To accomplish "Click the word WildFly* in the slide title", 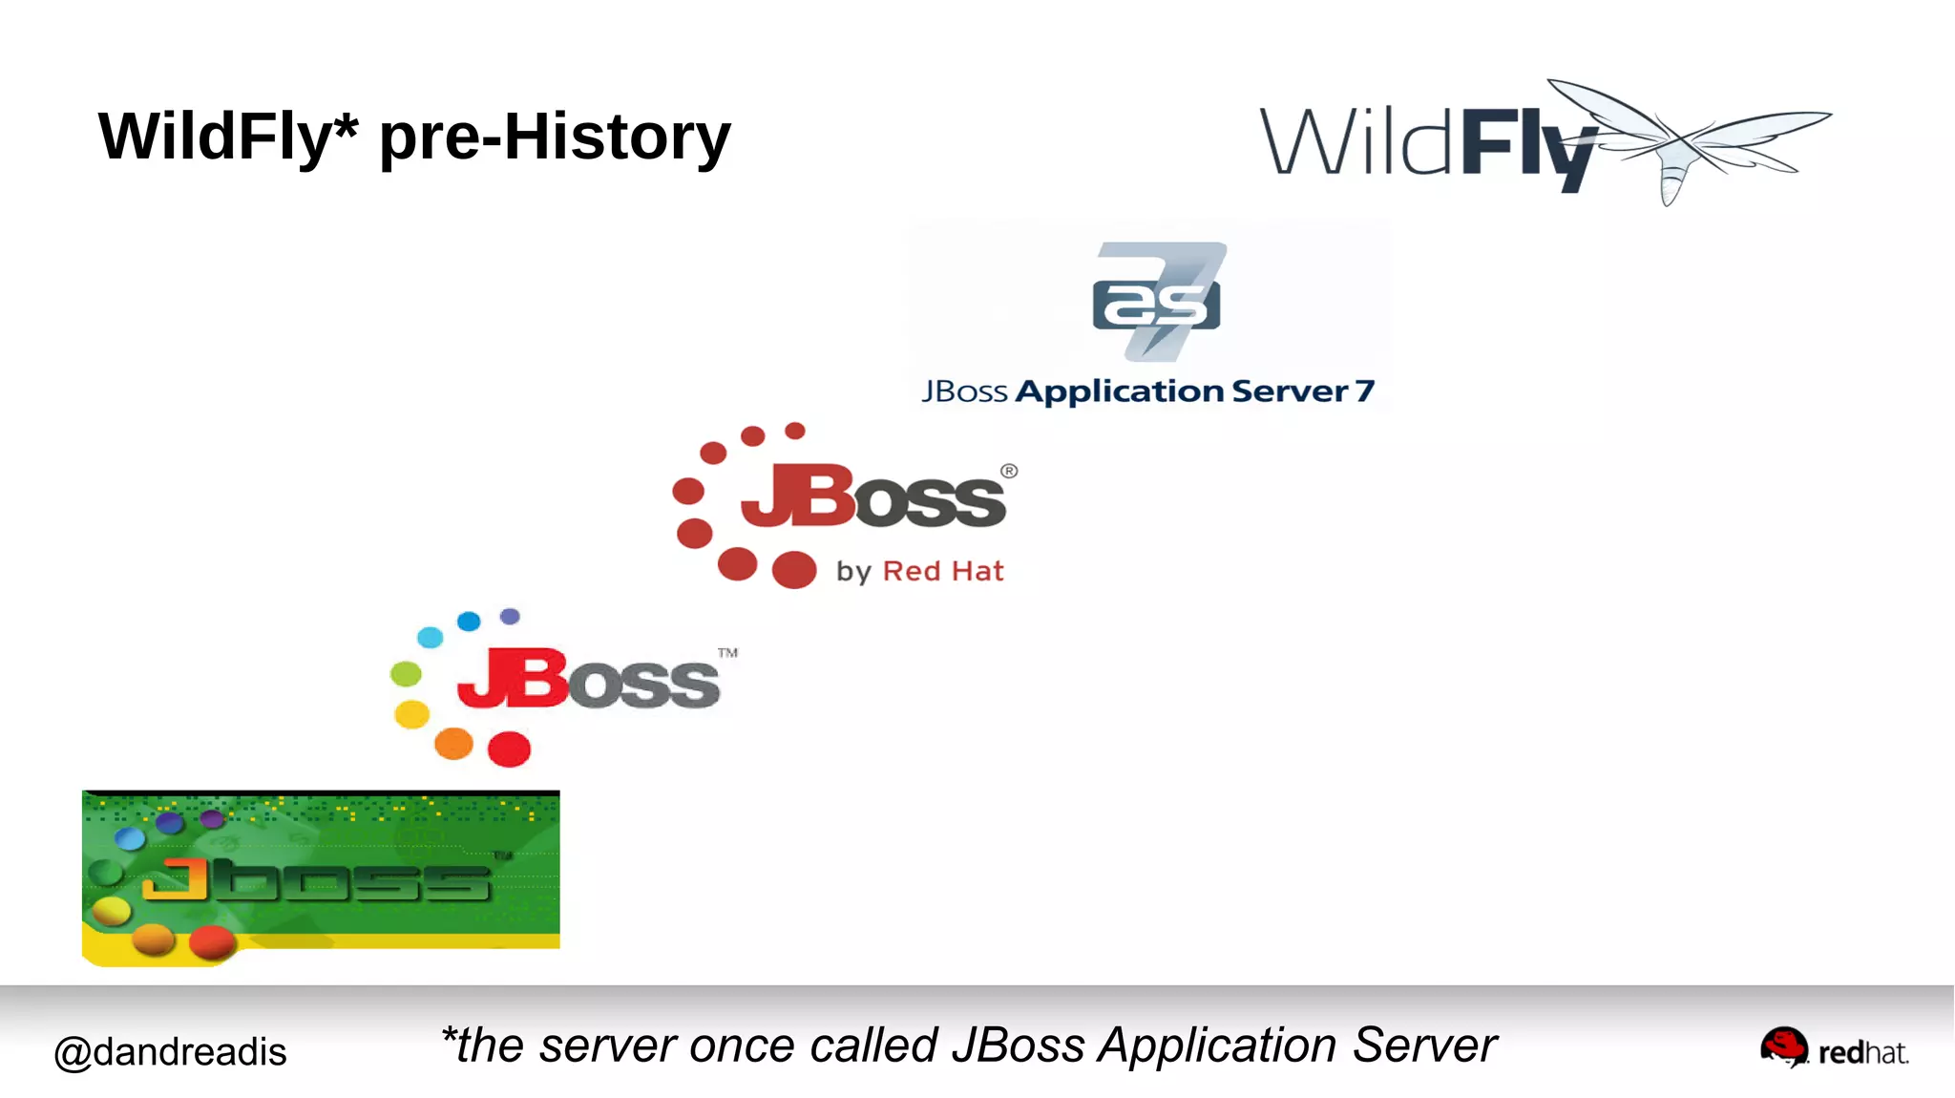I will pyautogui.click(x=227, y=137).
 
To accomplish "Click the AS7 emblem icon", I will pyautogui.click(x=1158, y=301).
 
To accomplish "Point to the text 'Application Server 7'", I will pyautogui.click(x=1193, y=391).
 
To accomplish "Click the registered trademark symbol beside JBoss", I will pyautogui.click(x=1009, y=471).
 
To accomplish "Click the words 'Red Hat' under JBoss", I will pyautogui.click(x=943, y=571).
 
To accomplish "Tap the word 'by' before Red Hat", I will pyautogui.click(x=853, y=572).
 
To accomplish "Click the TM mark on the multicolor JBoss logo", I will pyautogui.click(x=727, y=653).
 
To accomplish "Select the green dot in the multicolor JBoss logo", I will pyautogui.click(x=406, y=674).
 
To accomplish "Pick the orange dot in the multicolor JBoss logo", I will pyautogui.click(x=453, y=743).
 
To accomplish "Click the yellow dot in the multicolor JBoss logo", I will pyautogui.click(x=411, y=714).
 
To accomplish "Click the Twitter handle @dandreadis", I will pyautogui.click(x=170, y=1052).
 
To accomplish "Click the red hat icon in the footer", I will pyautogui.click(x=1783, y=1047).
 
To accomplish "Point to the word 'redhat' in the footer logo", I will pyautogui.click(x=1862, y=1053).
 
